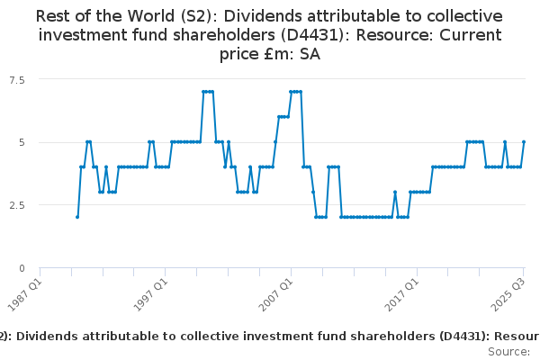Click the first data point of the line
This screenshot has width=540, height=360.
point(77,217)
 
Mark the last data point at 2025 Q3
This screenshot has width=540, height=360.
point(524,142)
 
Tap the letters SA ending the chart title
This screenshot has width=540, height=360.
point(309,54)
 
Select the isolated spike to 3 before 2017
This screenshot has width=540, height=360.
point(394,192)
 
